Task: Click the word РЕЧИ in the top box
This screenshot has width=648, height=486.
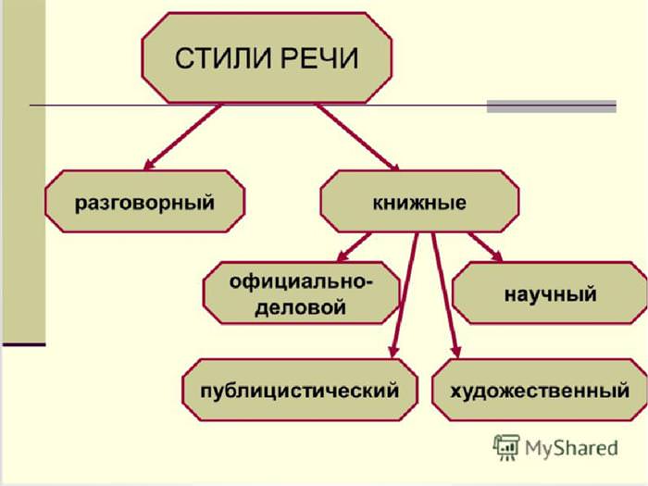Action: pos(320,58)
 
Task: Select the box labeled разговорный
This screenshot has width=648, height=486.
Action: pos(144,201)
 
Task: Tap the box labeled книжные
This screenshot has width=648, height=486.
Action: pos(419,201)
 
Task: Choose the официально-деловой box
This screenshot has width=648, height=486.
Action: pos(301,293)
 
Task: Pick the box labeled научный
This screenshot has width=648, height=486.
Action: pos(550,293)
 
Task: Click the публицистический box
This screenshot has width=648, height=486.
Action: pos(300,390)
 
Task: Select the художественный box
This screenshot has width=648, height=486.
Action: pos(539,390)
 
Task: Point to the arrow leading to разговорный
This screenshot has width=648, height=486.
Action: pos(182,137)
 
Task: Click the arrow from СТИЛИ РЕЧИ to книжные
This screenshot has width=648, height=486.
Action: pos(358,137)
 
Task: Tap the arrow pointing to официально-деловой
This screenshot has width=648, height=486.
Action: pos(354,247)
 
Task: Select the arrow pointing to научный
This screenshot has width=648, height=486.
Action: pos(486,247)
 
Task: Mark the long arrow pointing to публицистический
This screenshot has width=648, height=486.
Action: pos(405,295)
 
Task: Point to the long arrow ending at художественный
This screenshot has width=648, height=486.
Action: pos(445,295)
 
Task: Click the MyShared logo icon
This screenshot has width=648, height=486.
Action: pos(506,447)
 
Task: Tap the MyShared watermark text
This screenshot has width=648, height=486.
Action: pos(571,448)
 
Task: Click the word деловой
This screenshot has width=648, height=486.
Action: pos(300,308)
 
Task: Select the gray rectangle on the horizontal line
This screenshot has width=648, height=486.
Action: pos(552,106)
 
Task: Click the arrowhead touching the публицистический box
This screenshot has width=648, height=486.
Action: pos(393,351)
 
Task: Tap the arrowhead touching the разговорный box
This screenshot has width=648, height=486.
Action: pos(149,164)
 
